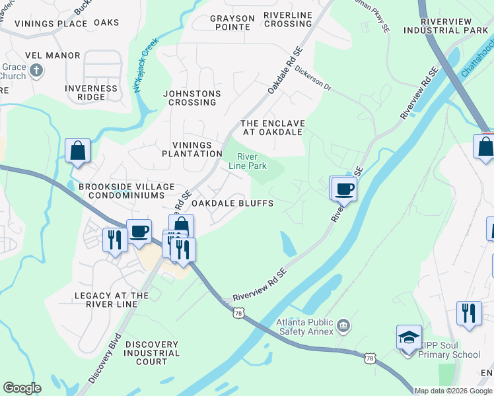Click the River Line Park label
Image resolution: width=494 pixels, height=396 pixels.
(252, 161)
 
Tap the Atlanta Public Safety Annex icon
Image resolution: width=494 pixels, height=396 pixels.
(343, 325)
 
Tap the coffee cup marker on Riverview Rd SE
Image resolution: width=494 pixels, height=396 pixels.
(344, 189)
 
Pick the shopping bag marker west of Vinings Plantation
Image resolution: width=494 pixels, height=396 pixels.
(78, 150)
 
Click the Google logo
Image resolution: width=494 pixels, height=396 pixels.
(22, 388)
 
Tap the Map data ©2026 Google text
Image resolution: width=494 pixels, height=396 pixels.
(453, 391)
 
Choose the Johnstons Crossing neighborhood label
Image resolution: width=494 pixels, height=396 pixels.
(192, 98)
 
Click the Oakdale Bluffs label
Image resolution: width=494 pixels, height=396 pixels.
(232, 203)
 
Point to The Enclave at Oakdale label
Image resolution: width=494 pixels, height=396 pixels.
(272, 127)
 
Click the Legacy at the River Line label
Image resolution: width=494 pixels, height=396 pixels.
(106, 300)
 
